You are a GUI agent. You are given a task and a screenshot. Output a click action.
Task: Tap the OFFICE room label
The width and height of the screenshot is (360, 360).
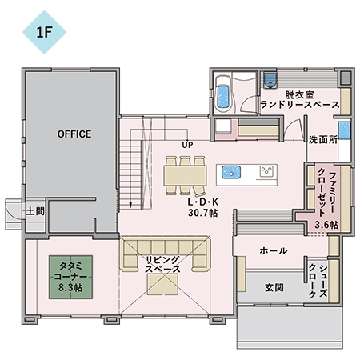click(x=74, y=134)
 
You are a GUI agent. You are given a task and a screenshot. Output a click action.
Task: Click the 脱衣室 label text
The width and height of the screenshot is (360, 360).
click(x=299, y=94)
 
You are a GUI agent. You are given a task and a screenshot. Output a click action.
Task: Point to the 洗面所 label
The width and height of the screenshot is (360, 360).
click(x=322, y=138)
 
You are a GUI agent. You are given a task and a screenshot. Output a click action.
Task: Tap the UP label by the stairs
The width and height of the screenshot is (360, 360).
click(x=188, y=145)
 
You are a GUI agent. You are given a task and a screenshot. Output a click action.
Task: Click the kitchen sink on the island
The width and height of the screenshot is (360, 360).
click(x=231, y=172)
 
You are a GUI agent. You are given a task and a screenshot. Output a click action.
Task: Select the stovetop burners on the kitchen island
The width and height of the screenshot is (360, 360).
click(x=265, y=171)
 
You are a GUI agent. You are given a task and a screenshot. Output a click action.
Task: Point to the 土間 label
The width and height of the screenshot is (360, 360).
click(x=34, y=212)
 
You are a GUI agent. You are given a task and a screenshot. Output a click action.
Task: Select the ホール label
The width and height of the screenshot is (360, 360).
click(x=274, y=251)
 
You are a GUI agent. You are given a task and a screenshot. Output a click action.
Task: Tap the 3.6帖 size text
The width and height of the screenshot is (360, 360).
click(x=326, y=225)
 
